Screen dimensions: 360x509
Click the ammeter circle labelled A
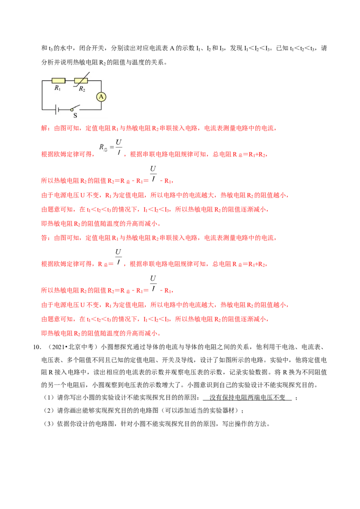tap(101, 97)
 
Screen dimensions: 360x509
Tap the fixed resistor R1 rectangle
tap(58, 80)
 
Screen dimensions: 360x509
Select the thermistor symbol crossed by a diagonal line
tap(81, 80)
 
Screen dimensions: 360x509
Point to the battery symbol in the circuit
tap(57, 110)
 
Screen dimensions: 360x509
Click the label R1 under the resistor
tap(58, 88)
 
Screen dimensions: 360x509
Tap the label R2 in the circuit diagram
tap(82, 89)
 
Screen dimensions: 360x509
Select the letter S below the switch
tap(76, 116)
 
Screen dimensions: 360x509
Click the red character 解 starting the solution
tap(44, 128)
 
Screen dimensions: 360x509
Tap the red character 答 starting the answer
tap(44, 238)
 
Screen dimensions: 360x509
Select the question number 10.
tap(37, 347)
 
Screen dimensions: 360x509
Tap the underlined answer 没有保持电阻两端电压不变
tap(247, 397)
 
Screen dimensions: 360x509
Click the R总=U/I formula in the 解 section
tap(111, 147)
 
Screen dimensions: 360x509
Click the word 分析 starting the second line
tap(47, 62)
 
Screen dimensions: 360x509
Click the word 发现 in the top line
tap(236, 49)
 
